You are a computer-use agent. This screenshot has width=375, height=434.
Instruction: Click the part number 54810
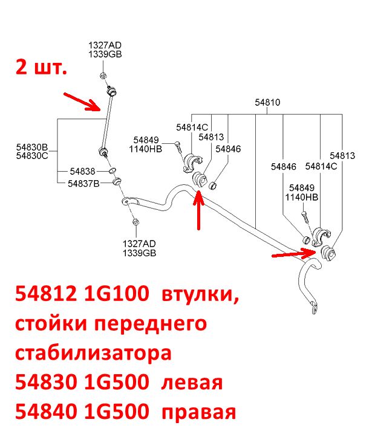point(267,102)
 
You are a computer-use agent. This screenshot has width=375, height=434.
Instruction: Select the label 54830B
point(32,147)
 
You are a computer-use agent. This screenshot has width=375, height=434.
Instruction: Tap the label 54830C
point(32,156)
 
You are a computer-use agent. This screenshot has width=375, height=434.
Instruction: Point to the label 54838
point(82,172)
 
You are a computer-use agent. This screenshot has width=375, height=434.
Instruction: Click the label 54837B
point(83,183)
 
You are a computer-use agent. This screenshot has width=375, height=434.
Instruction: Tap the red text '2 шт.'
point(41,66)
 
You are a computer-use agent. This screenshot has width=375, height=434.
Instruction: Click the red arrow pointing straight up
point(198,210)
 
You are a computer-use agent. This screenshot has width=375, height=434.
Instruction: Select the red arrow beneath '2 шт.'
point(82,102)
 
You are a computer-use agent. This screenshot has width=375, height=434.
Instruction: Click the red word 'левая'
point(192,383)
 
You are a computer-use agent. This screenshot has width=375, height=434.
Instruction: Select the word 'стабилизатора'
point(93,353)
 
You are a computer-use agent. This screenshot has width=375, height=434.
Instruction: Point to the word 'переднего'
point(151,324)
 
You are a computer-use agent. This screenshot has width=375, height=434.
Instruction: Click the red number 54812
point(46,294)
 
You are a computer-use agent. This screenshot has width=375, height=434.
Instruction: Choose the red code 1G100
point(116,294)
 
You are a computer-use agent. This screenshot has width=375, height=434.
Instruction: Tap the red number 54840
point(46,411)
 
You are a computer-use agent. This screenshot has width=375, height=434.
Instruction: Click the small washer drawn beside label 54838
point(112,170)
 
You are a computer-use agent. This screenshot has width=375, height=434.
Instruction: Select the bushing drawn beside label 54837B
point(117,181)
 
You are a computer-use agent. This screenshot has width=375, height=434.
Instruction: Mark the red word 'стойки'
point(51,323)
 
